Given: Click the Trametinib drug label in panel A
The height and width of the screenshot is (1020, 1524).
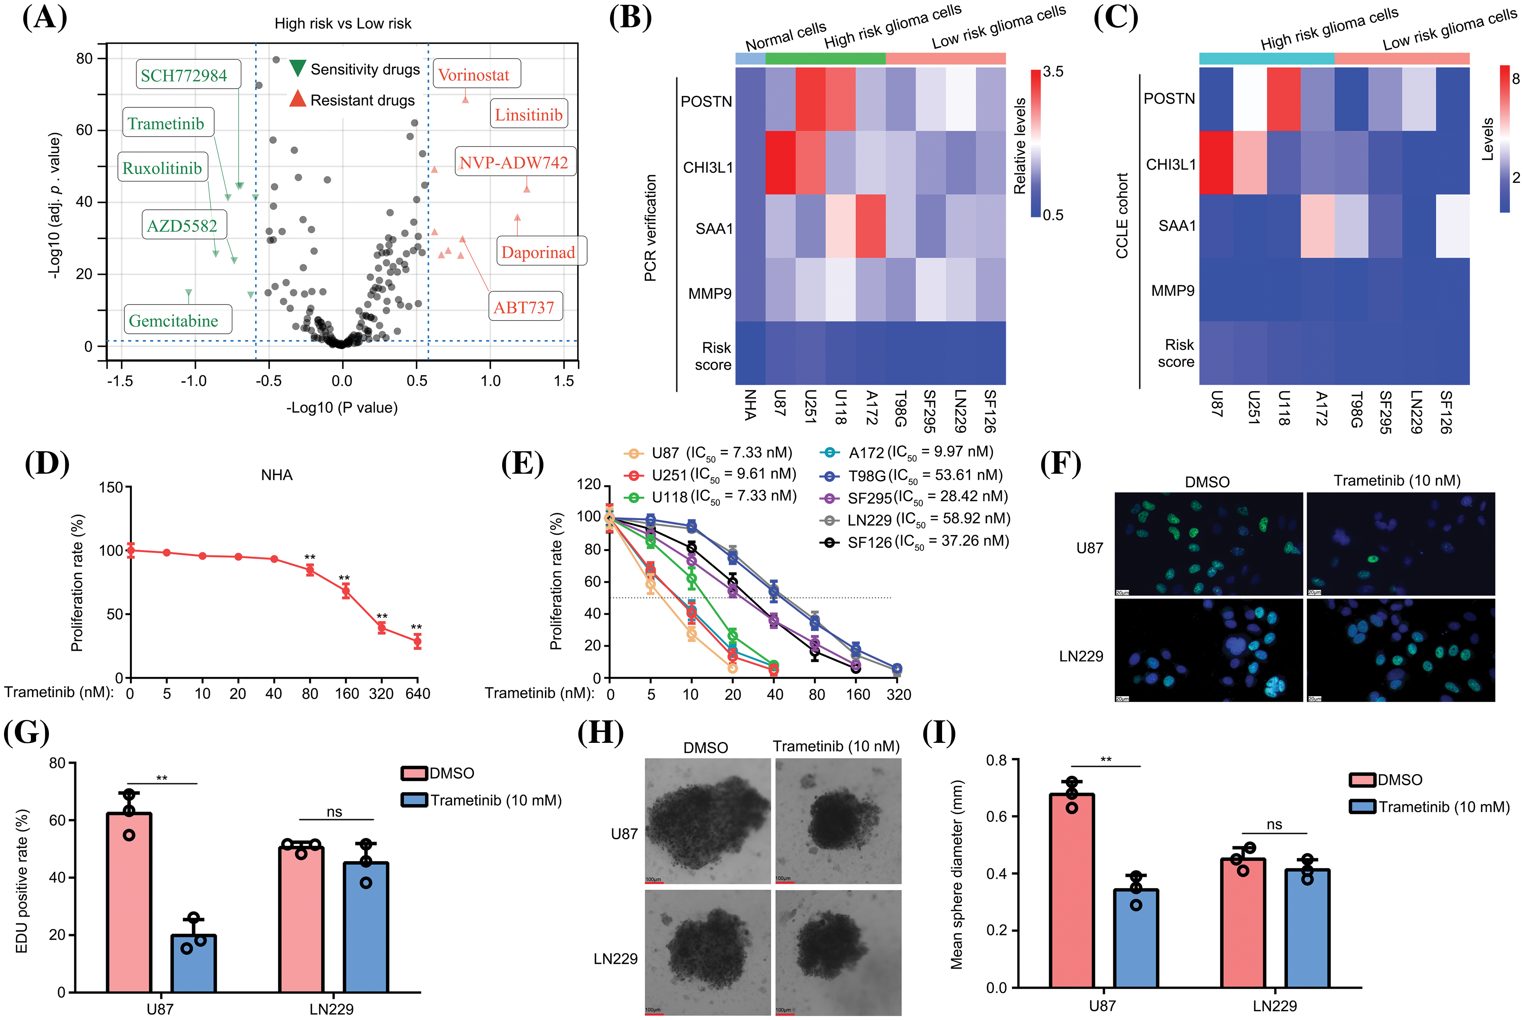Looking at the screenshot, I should tap(166, 123).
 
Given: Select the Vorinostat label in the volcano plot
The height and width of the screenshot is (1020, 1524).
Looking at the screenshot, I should tap(474, 75).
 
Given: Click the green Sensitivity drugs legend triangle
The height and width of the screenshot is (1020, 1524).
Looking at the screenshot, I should tap(297, 68).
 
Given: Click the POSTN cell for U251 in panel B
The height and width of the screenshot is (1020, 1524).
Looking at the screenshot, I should tap(811, 99).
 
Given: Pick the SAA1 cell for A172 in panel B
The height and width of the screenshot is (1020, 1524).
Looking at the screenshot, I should tap(870, 226).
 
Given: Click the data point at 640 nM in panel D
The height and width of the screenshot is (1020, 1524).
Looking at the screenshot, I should tap(417, 641).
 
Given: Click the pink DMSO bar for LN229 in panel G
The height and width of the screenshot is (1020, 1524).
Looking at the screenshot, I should tap(301, 919).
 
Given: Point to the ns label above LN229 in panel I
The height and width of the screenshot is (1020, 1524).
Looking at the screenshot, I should tap(1274, 824).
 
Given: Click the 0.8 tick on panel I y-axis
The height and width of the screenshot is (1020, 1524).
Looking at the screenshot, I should tap(996, 760).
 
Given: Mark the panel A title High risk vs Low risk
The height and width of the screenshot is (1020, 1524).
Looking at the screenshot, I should tap(343, 23).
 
